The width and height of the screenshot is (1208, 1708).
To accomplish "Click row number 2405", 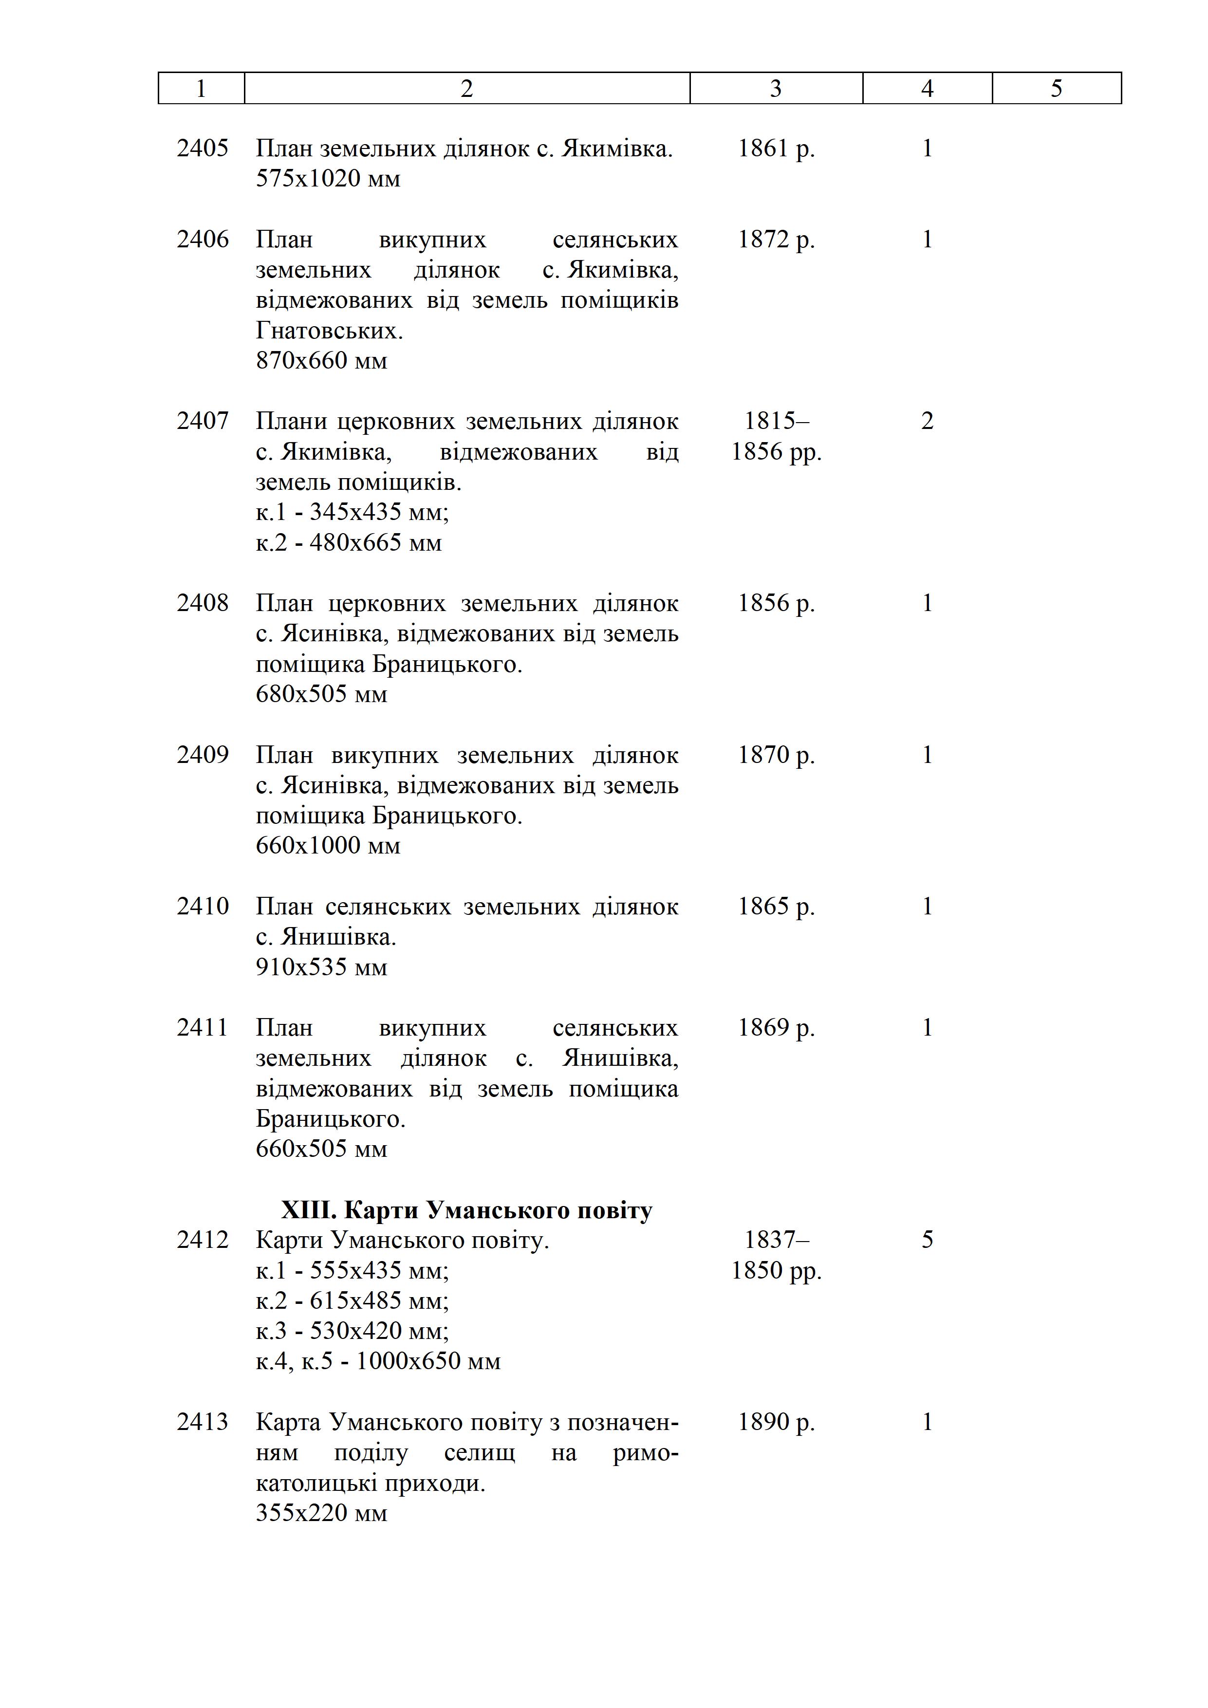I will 203,148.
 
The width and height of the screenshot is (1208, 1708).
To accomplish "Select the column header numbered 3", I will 775,89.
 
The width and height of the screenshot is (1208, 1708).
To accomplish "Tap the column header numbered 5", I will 1056,89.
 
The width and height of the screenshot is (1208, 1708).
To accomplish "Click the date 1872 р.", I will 776,240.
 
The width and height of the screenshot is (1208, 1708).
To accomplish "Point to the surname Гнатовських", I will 329,330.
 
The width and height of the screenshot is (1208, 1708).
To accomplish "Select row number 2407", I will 203,421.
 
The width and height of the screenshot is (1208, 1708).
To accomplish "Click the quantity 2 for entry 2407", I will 927,421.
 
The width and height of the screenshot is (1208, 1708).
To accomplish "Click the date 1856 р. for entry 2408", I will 776,603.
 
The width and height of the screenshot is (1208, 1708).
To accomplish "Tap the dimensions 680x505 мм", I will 321,694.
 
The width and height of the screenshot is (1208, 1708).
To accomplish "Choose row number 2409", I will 203,755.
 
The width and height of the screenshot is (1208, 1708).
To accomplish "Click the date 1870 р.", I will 776,755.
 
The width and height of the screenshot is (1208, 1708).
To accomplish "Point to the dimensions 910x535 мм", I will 321,967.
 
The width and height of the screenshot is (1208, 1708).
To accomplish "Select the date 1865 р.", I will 776,906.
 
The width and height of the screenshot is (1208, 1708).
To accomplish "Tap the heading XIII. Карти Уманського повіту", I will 466,1210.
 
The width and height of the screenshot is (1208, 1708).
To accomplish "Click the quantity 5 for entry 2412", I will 927,1239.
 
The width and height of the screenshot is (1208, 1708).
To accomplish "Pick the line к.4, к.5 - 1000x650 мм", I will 378,1361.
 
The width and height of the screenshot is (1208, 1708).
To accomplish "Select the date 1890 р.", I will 776,1422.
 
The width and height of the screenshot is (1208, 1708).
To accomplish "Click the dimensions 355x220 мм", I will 321,1513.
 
